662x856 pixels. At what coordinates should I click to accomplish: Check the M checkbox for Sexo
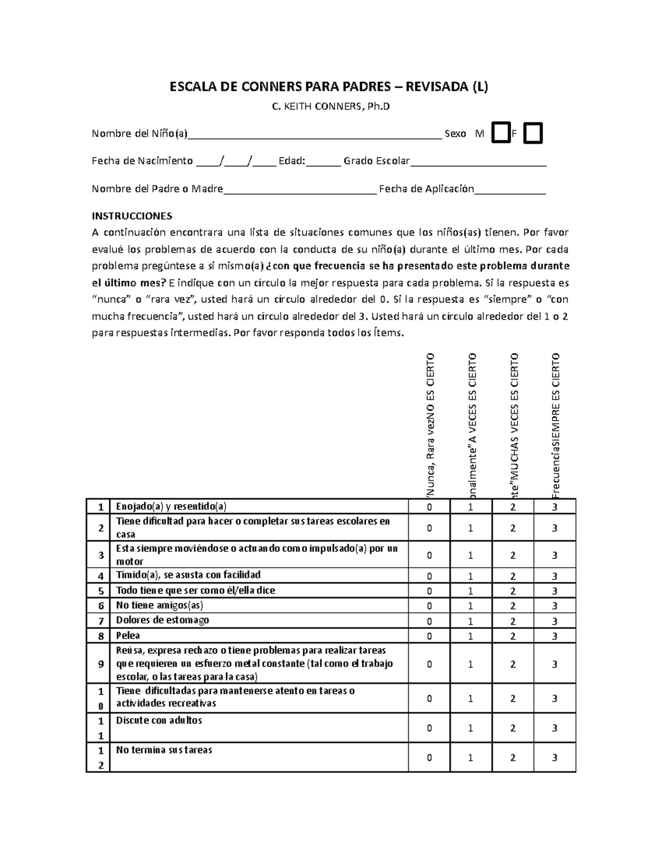tap(501, 133)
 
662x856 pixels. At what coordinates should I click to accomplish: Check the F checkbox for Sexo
tap(533, 133)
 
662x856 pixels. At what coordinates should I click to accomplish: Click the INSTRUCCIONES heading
tap(132, 216)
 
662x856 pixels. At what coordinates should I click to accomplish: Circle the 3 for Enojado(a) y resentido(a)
tap(555, 507)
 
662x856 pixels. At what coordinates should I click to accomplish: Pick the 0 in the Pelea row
tap(429, 636)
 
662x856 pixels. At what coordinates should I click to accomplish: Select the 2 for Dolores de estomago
tap(513, 621)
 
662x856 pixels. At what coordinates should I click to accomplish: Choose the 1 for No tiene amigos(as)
tap(471, 606)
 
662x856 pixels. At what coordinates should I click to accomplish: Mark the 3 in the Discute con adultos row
tap(555, 728)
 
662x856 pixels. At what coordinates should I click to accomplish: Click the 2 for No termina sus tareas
tap(513, 757)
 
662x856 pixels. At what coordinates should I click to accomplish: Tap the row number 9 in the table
tap(100, 664)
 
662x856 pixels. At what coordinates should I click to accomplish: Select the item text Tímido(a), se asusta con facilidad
tap(188, 575)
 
